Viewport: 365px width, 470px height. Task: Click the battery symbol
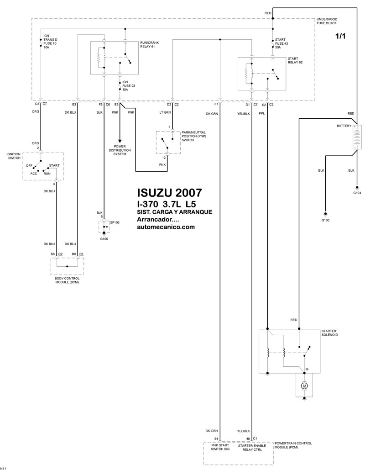[x=357, y=137]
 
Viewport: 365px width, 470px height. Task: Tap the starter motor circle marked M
[x=304, y=386]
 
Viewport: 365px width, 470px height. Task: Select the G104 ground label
[x=357, y=193]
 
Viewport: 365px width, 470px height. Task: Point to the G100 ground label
[x=325, y=220]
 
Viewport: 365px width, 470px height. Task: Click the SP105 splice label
[x=115, y=223]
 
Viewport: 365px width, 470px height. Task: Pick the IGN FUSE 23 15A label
[x=129, y=86]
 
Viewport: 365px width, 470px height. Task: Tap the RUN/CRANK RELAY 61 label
[x=149, y=45]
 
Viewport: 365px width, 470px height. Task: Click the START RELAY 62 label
[x=293, y=61]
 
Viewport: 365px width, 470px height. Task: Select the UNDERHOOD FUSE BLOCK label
[x=327, y=21]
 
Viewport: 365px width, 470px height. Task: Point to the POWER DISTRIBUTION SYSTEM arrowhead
[x=120, y=141]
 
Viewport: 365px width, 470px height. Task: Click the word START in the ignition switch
[x=54, y=165]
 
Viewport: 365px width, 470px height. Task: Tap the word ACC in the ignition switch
[x=34, y=174]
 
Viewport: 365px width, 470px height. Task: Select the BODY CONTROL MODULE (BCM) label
[x=67, y=280]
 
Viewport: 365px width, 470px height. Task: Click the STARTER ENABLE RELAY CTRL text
[x=252, y=448]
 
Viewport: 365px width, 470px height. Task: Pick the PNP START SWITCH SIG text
[x=220, y=448]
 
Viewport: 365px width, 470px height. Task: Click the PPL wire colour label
[x=262, y=114]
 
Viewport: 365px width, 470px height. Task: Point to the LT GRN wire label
[x=165, y=113]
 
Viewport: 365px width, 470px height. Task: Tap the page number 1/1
[x=340, y=36]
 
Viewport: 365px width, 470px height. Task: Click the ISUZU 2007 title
[x=169, y=193]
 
